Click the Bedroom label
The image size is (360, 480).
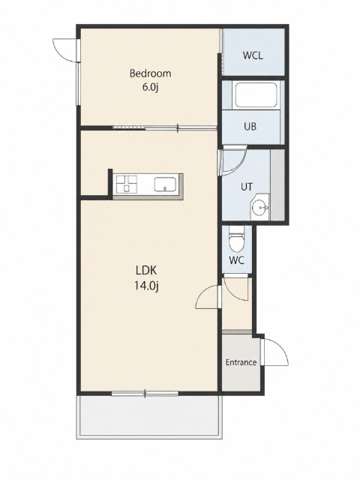[x=150, y=73]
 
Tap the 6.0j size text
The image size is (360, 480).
[x=150, y=88]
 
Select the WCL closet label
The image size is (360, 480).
[x=253, y=55]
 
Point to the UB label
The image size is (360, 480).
[x=250, y=126]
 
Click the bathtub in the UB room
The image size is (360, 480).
[x=256, y=94]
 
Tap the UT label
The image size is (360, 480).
[x=247, y=187]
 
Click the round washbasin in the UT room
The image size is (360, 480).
[x=260, y=208]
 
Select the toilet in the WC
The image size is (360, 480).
[x=236, y=238]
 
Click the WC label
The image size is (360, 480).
[x=237, y=260]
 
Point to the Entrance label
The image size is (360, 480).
[x=241, y=362]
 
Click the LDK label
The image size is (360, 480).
[x=146, y=271]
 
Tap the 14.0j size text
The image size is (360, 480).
[x=146, y=286]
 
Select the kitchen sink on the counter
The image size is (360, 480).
[x=165, y=184]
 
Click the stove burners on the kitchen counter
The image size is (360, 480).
[x=125, y=184]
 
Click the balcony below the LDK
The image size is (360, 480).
[x=148, y=416]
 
